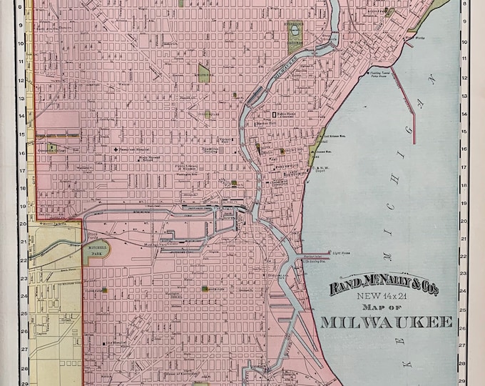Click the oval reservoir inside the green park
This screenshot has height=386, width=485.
pos(295,33)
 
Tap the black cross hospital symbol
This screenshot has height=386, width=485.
pos(116,149)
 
